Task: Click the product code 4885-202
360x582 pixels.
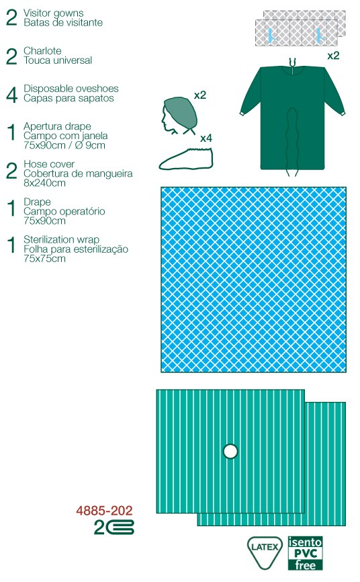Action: click(104, 511)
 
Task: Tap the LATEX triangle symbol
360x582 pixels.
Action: click(264, 552)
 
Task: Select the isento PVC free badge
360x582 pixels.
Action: click(305, 553)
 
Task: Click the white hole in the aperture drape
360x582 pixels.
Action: click(230, 452)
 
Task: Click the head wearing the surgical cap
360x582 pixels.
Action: click(179, 116)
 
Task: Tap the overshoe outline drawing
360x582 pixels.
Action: click(186, 159)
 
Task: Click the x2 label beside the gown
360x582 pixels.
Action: click(333, 56)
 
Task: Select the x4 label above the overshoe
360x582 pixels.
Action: click(206, 138)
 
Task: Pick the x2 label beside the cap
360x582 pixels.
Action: click(199, 95)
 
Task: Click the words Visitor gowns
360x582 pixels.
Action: click(54, 13)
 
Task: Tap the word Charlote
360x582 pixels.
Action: click(42, 50)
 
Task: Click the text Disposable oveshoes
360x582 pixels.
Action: click(71, 88)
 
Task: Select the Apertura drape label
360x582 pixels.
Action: click(57, 126)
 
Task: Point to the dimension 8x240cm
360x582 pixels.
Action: click(44, 183)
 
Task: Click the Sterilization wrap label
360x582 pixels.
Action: click(61, 239)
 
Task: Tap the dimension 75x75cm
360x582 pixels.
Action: click(44, 258)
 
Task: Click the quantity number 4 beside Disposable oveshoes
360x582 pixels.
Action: click(11, 94)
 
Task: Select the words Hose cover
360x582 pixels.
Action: click(49, 164)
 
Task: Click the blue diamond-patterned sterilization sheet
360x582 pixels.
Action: click(253, 280)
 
